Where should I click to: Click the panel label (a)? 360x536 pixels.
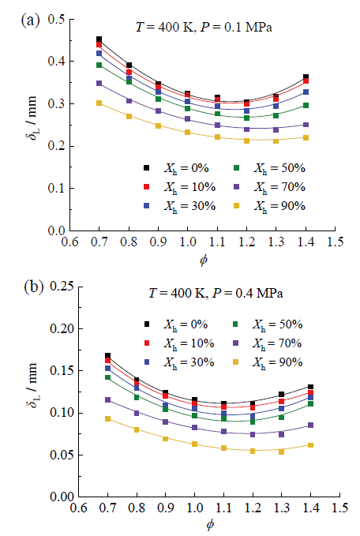pyautogui.click(x=30, y=21)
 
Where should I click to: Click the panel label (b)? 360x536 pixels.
pyautogui.click(x=34, y=287)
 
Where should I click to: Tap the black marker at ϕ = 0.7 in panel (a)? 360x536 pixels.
pyautogui.click(x=99, y=39)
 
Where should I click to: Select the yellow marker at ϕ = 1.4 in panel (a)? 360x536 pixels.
pyautogui.click(x=306, y=137)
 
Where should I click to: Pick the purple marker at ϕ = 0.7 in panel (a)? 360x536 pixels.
pyautogui.click(x=99, y=83)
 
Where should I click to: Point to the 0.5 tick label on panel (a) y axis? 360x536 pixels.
pyautogui.click(x=56, y=19)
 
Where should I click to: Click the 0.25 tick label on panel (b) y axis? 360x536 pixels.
pyautogui.click(x=62, y=286)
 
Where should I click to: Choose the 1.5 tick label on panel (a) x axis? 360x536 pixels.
pyautogui.click(x=335, y=242)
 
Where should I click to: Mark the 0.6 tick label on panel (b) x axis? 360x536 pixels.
pyautogui.click(x=79, y=508)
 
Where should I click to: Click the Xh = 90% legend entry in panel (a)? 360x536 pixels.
pyautogui.click(x=279, y=206)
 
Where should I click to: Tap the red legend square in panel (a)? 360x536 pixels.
pyautogui.click(x=147, y=187)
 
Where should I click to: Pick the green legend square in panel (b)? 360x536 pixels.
pyautogui.click(x=235, y=324)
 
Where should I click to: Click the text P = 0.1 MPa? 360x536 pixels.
pyautogui.click(x=236, y=27)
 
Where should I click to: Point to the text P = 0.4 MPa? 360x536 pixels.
pyautogui.click(x=248, y=293)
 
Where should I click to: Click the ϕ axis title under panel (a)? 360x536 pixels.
pyautogui.click(x=204, y=261)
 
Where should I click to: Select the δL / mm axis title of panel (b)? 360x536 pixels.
pyautogui.click(x=32, y=385)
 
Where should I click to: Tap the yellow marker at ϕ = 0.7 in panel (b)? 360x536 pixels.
pyautogui.click(x=107, y=418)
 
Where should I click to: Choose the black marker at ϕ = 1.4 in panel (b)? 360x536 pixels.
pyautogui.click(x=310, y=387)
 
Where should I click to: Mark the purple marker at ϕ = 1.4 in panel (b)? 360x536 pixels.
pyautogui.click(x=310, y=425)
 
